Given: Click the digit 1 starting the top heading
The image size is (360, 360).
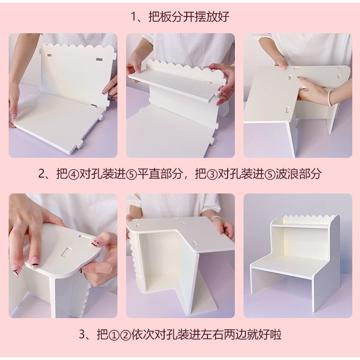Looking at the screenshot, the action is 133,17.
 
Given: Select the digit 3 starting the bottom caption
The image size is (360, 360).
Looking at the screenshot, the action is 82,334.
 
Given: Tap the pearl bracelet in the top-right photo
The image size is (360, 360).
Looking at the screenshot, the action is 330,98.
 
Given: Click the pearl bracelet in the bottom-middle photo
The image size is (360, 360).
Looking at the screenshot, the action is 216,218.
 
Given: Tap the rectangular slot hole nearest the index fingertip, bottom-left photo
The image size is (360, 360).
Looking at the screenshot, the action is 66,251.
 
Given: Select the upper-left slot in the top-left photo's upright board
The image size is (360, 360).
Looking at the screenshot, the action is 49,55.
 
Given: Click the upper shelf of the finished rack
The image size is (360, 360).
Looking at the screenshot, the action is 300,226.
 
